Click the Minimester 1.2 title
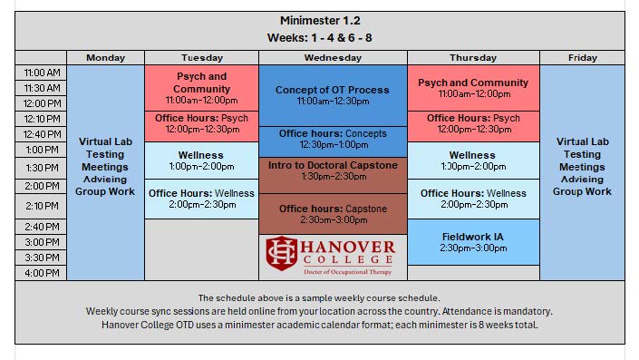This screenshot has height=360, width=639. click(320, 21)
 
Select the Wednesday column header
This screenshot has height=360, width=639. click(333, 58)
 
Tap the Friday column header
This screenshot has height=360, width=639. click(582, 58)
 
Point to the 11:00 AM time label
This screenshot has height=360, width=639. click(42, 73)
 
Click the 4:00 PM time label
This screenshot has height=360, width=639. click(42, 273)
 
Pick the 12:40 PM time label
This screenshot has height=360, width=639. click(42, 134)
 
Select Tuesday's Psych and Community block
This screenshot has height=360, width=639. click(201, 88)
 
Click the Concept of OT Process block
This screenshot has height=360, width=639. click(333, 95)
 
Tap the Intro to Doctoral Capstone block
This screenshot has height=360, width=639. click(333, 170)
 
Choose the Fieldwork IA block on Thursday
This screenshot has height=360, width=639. click(473, 242)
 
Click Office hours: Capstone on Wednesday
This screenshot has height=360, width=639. click(333, 214)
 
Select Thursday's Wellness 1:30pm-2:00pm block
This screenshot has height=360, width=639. click(473, 161)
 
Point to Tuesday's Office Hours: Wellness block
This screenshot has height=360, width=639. click(201, 198)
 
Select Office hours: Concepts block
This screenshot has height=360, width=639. click(333, 139)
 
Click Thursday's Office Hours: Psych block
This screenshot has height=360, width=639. click(473, 123)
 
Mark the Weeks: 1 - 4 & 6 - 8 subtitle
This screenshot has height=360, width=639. click(320, 37)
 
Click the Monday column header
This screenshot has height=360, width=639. click(106, 58)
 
